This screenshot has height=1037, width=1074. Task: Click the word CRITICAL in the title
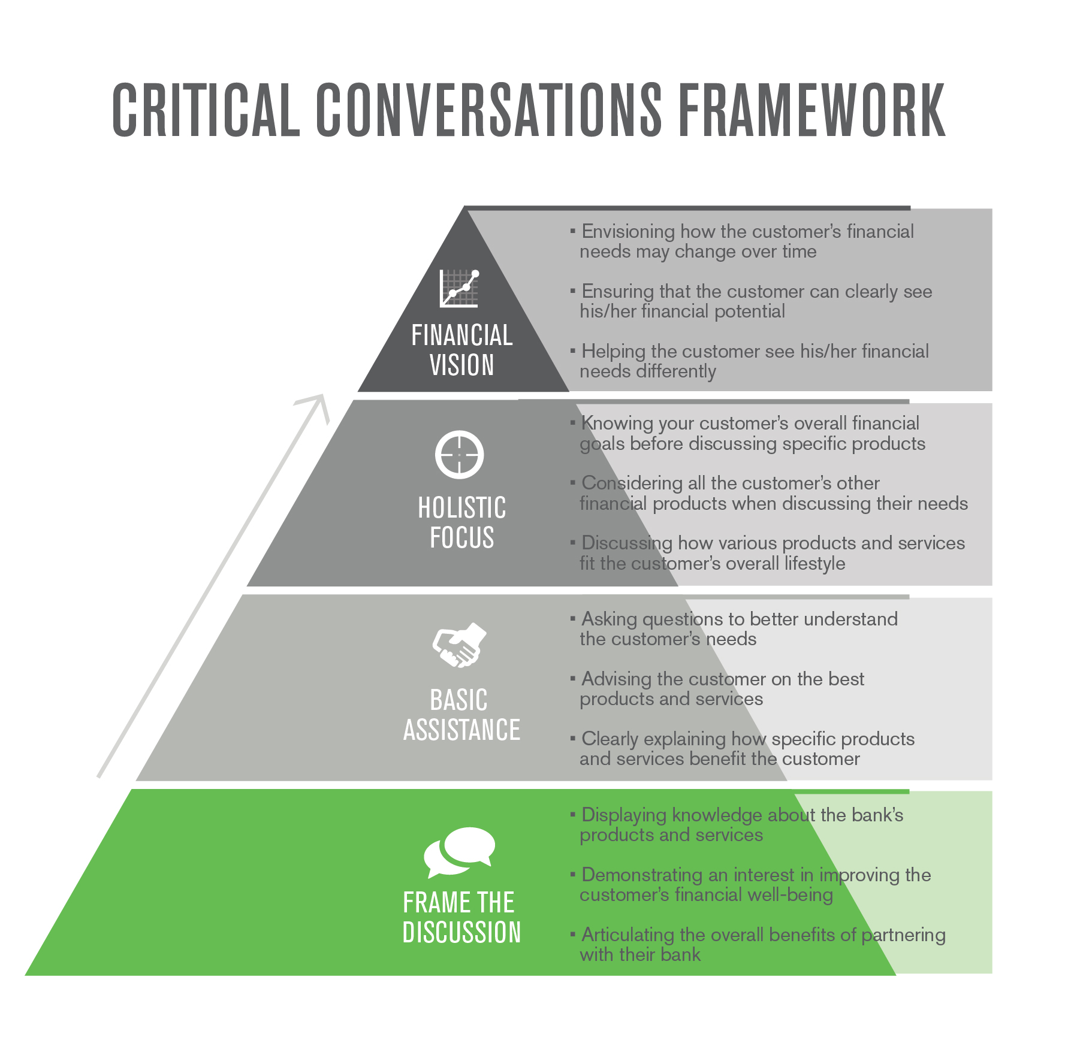pos(206,110)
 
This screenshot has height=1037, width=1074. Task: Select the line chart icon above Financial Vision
pos(460,289)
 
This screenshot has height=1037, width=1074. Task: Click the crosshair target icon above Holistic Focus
pos(460,455)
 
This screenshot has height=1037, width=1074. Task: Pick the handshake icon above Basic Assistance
pos(460,645)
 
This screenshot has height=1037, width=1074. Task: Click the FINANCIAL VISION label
pos(462,350)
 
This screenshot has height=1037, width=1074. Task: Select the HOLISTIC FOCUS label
pos(462,522)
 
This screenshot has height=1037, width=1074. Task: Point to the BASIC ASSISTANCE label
pos(462,715)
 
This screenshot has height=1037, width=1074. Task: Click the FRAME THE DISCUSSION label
pos(462,917)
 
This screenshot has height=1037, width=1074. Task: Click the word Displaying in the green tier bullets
pos(625,815)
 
